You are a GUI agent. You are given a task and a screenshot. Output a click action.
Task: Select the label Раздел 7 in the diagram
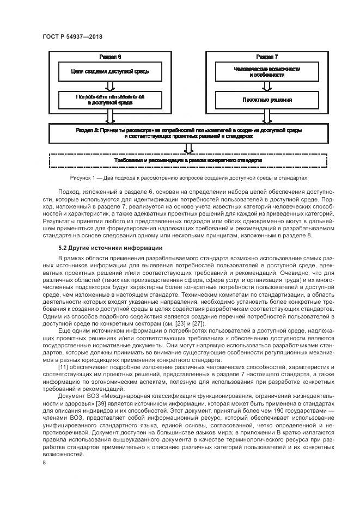[267, 57]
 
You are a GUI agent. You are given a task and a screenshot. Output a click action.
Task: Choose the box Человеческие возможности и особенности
[267, 71]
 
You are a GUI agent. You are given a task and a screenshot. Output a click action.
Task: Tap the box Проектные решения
[267, 100]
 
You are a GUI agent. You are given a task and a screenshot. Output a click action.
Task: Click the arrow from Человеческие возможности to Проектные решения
[267, 85]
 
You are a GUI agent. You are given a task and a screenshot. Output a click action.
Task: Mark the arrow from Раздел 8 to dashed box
[188, 148]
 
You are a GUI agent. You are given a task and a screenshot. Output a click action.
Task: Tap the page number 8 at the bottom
[44, 463]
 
